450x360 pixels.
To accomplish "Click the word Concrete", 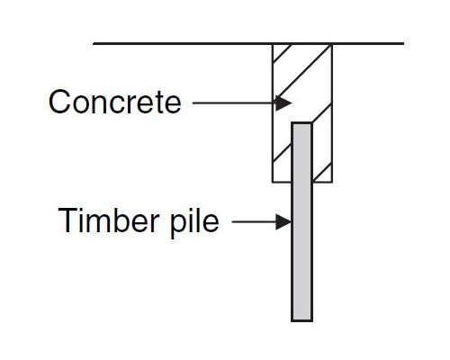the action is pos(115,102).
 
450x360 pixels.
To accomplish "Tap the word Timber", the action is pos(108,220).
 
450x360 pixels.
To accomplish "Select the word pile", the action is pos(194,222).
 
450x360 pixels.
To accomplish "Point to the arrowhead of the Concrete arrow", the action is pos(283,103).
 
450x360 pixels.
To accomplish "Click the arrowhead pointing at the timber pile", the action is pos(283,222).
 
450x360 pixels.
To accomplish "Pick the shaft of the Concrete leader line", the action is pos(234,103).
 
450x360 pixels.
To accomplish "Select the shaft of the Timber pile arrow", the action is pos(254,222).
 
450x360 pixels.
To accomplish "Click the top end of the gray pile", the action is pos(302,123).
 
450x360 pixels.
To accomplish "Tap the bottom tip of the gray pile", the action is pos(302,320).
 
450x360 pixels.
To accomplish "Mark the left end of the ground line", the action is pos(94,43).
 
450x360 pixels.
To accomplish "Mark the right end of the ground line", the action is pos(403,43).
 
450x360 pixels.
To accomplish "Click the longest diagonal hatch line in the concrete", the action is pos(303,72).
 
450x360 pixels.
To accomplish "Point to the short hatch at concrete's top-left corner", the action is pos(283,53).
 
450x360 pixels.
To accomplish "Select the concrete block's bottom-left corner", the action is pos(273,182).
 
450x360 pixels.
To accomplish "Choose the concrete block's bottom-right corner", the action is pos(332,182).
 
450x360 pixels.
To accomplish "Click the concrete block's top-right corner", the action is pos(332,44).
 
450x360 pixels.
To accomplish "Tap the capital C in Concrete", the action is pos(59,102).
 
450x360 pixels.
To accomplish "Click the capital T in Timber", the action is pos(68,220).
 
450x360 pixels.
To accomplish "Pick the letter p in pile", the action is pos(178,226).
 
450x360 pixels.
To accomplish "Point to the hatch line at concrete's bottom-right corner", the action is pos(322,173).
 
